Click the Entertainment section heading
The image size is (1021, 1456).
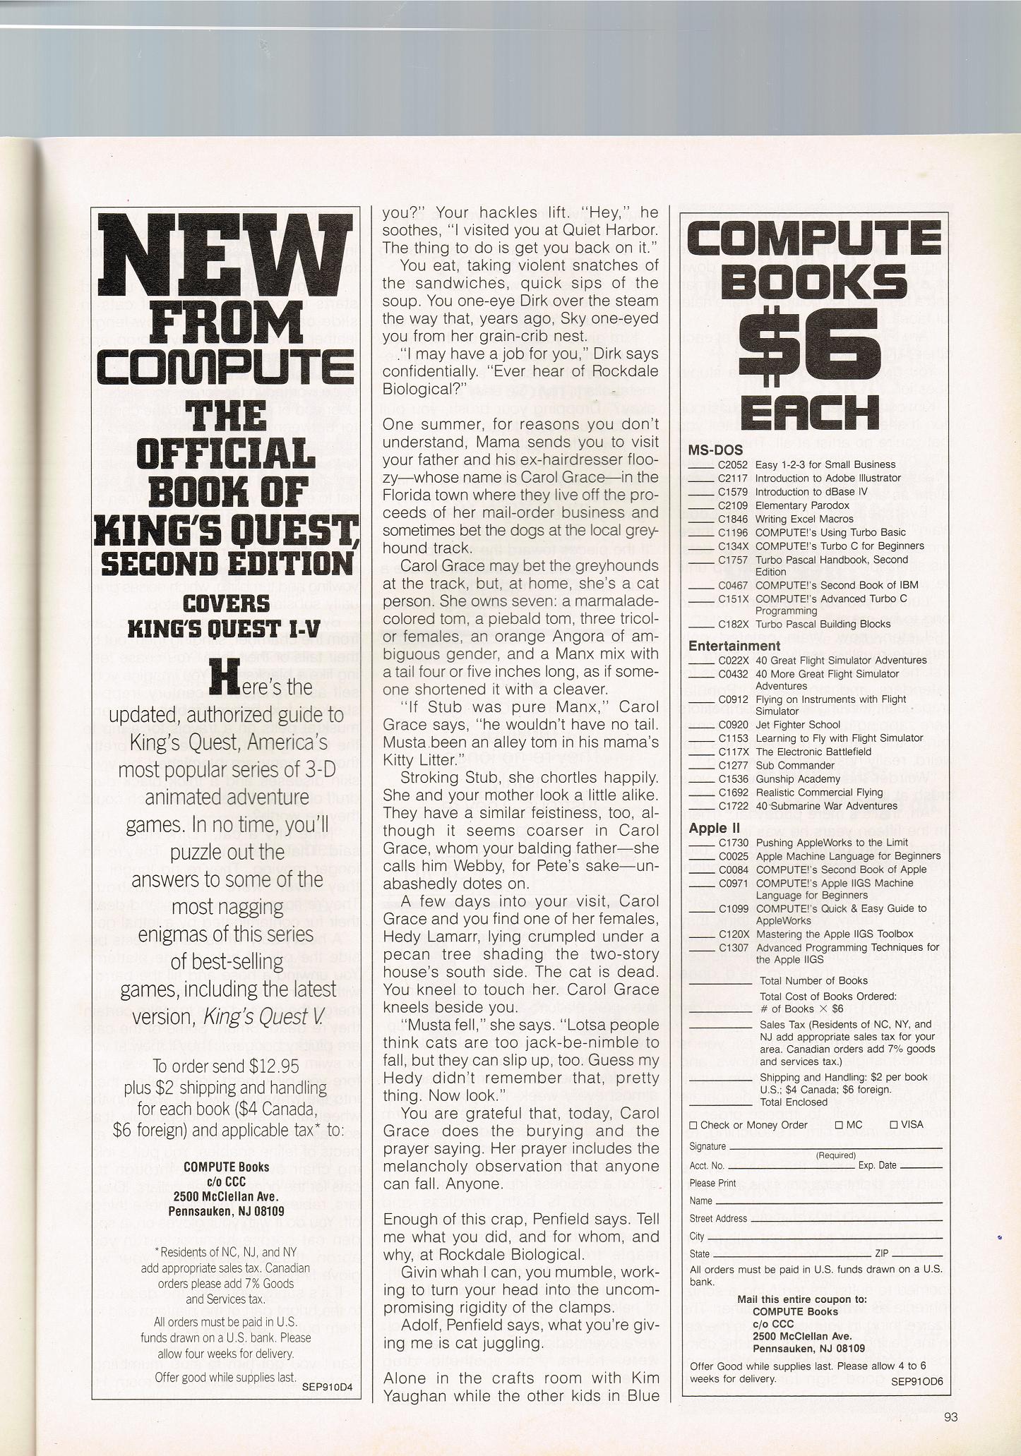tap(734, 645)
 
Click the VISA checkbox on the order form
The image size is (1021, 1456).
tap(894, 1124)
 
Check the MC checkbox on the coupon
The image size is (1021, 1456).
tap(839, 1124)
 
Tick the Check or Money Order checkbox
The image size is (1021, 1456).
tap(693, 1125)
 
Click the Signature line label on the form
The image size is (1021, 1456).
tap(707, 1147)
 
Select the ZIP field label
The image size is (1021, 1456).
tap(881, 1253)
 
